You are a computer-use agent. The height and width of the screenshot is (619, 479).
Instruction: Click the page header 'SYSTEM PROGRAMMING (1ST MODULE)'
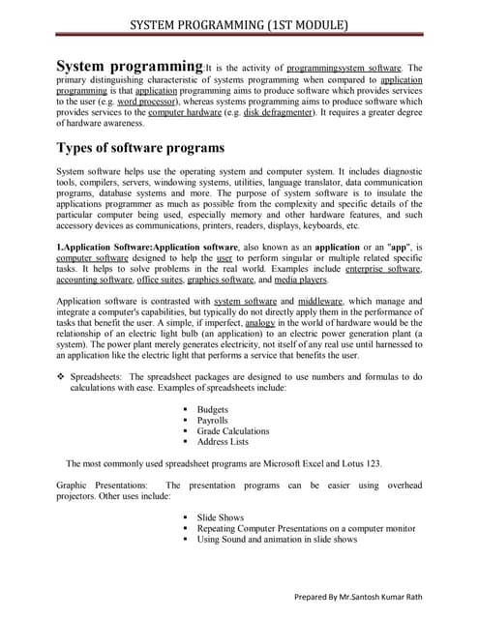[239, 23]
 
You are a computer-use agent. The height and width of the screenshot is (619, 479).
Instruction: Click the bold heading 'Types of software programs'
[141, 148]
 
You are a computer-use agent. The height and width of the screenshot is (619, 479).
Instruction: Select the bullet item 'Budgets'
[213, 409]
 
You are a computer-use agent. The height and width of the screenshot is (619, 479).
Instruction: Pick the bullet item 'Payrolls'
[214, 420]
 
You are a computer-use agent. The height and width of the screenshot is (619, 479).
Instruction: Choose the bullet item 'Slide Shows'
[220, 517]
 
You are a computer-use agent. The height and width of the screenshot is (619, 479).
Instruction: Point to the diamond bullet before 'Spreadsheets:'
[60, 374]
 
